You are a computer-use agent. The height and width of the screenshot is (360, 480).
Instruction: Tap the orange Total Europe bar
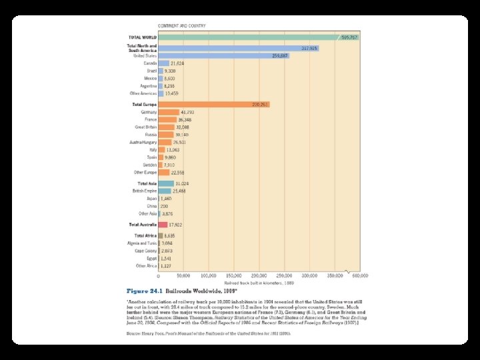pyautogui.click(x=213, y=105)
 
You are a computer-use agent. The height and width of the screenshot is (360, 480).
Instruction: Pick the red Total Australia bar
pyautogui.click(x=162, y=225)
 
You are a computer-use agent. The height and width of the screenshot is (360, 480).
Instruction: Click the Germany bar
pyautogui.click(x=169, y=112)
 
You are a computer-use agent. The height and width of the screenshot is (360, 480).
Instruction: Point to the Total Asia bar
pyautogui.click(x=165, y=183)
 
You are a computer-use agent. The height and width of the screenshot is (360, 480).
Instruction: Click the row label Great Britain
pyautogui.click(x=146, y=127)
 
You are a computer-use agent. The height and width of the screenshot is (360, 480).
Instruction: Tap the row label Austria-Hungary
pyautogui.click(x=143, y=142)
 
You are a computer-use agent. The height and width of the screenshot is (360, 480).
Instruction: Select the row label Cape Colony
pyautogui.click(x=146, y=251)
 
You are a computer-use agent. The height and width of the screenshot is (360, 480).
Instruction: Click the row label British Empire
pyautogui.click(x=145, y=191)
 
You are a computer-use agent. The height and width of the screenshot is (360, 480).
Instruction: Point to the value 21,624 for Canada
pyautogui.click(x=177, y=63)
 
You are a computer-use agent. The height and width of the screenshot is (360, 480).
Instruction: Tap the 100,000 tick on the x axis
pyautogui.click(x=209, y=275)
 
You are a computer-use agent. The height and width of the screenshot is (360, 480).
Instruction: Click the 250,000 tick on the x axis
pyautogui.click(x=284, y=275)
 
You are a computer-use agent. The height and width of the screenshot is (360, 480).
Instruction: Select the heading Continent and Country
pyautogui.click(x=181, y=26)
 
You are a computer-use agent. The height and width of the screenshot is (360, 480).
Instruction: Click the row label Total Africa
pyautogui.click(x=145, y=236)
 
